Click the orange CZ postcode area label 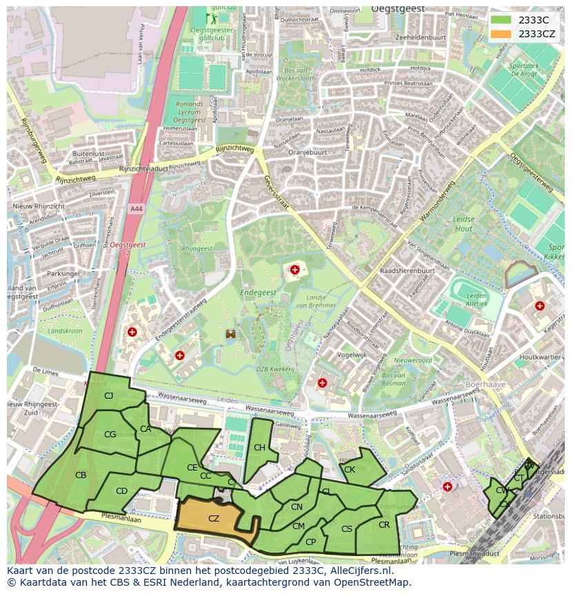coord(214,518)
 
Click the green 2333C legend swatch coord(502,20)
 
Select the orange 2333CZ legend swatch coord(502,33)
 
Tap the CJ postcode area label coord(108,395)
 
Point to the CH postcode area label coord(259,448)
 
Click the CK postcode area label coord(350,470)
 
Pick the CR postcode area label coord(384,525)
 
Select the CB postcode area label coord(81,475)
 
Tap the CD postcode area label coord(121,491)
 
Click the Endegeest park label coord(258,293)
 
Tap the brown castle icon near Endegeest coord(230,334)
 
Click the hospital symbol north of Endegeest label coord(295,270)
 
